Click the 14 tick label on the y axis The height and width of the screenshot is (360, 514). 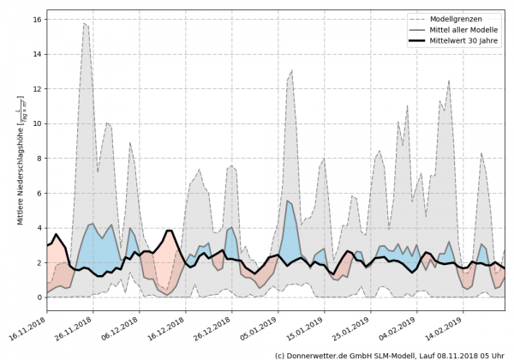coord(37,53)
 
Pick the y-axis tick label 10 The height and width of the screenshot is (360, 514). coord(37,123)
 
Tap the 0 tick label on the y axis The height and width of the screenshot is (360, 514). coord(39,297)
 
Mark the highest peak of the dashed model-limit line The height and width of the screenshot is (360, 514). coord(85,23)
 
